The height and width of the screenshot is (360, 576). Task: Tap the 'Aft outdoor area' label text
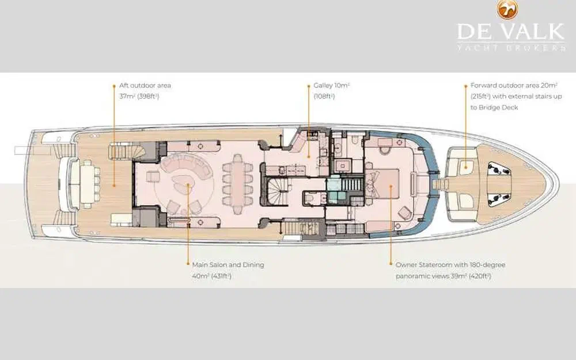[x=145, y=86]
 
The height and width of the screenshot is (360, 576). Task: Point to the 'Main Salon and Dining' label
[x=228, y=265]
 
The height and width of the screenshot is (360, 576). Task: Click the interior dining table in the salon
[x=238, y=179]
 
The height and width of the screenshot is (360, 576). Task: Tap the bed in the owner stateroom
[x=383, y=183]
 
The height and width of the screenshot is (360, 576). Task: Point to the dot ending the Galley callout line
[x=309, y=157]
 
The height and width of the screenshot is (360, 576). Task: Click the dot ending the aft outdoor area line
[x=114, y=185]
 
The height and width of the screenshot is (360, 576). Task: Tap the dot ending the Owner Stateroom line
[x=391, y=186]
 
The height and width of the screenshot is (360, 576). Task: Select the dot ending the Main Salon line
[x=188, y=185]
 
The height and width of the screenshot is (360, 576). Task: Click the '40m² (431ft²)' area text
[x=211, y=276]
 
